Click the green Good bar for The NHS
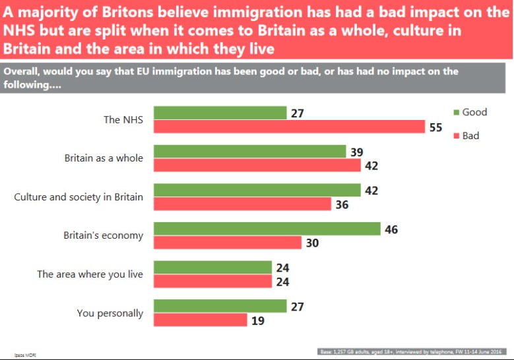220,113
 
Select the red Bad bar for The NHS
289,127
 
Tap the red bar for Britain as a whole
257,165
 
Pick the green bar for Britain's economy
267,229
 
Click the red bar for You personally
200,320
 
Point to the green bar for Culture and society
257,190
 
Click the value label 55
435,128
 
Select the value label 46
391,229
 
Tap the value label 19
258,320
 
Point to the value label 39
356,152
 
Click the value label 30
313,243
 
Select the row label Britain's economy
103,235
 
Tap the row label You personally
110,313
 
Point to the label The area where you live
90,274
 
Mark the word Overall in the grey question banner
23,71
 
